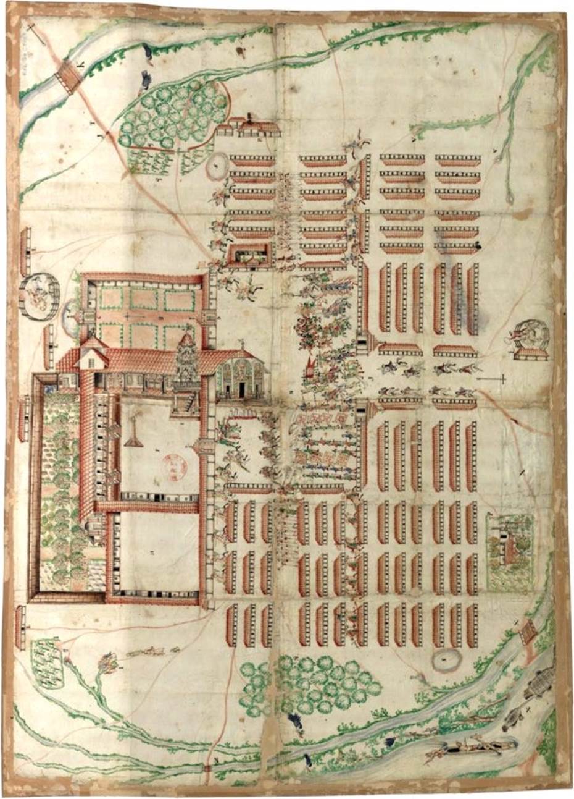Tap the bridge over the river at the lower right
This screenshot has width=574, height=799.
(528, 632)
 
